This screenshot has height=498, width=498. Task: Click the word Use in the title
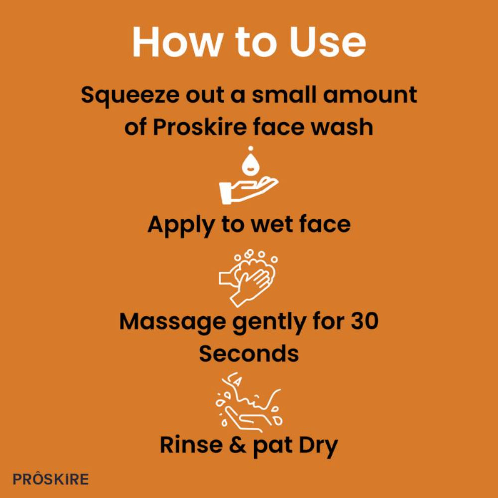[328, 42]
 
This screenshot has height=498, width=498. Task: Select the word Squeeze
[130, 96]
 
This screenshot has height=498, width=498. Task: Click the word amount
[370, 95]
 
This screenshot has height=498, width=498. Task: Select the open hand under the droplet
[248, 190]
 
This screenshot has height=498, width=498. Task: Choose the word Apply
[181, 225]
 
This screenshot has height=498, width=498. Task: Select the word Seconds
[249, 354]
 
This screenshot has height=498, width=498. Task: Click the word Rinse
[191, 444]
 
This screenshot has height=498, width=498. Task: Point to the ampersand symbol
[238, 445]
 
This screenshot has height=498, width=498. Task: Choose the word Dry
[319, 446]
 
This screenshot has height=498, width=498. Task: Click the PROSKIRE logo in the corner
[50, 479]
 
